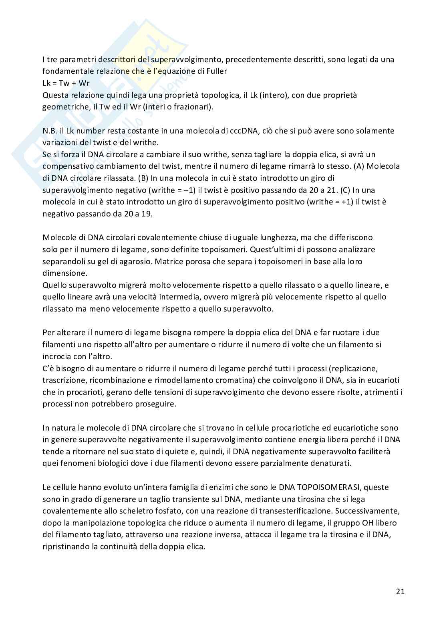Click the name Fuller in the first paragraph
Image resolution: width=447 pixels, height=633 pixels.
[216, 71]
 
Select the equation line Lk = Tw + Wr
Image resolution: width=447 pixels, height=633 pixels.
[66, 83]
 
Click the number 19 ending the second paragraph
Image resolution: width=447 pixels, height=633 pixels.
[146, 214]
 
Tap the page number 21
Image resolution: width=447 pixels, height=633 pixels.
[400, 592]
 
